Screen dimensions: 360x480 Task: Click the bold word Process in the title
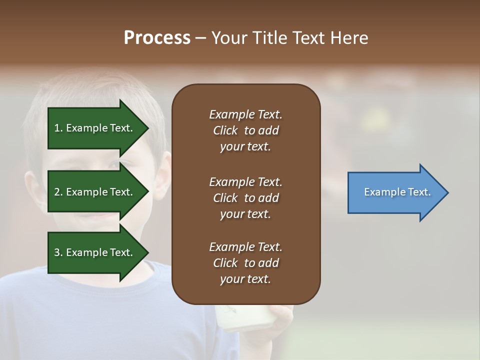point(157,38)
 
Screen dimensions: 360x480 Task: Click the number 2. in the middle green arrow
point(58,192)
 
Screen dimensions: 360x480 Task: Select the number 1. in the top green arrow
point(58,128)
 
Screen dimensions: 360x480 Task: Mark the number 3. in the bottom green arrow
point(58,252)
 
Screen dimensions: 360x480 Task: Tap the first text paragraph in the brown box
point(245,130)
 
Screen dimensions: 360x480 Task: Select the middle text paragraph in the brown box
point(245,198)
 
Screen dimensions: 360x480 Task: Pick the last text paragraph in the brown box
point(245,263)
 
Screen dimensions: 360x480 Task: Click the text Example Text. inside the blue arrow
point(397,192)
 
